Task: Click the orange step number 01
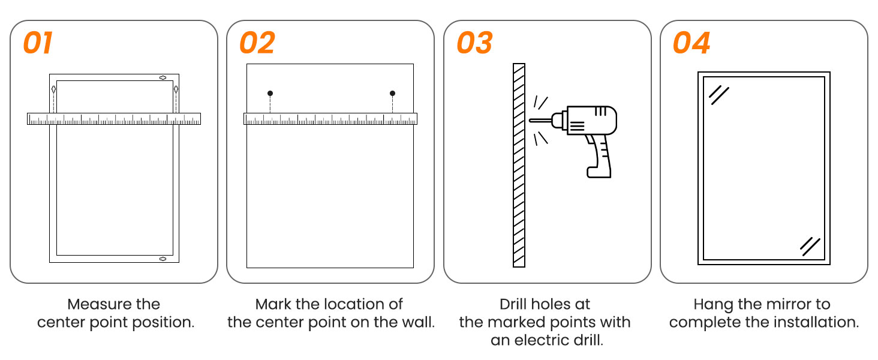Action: (x=38, y=43)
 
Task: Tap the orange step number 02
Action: (x=257, y=43)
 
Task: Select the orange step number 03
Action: (x=474, y=43)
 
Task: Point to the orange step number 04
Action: (x=691, y=43)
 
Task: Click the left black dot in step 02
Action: (x=270, y=94)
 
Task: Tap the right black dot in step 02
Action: (x=392, y=94)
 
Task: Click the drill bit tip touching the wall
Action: (x=530, y=121)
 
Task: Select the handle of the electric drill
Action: (x=599, y=156)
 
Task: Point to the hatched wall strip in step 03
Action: (x=519, y=165)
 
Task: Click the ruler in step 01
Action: (x=114, y=119)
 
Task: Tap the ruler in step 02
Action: (x=330, y=119)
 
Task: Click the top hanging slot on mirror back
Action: (x=163, y=77)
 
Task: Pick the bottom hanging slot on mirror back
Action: (x=163, y=259)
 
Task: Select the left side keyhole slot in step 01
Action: (x=54, y=89)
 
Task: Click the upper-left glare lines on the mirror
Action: (x=719, y=95)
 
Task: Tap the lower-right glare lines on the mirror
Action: (x=810, y=247)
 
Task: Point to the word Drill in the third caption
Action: (x=512, y=304)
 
